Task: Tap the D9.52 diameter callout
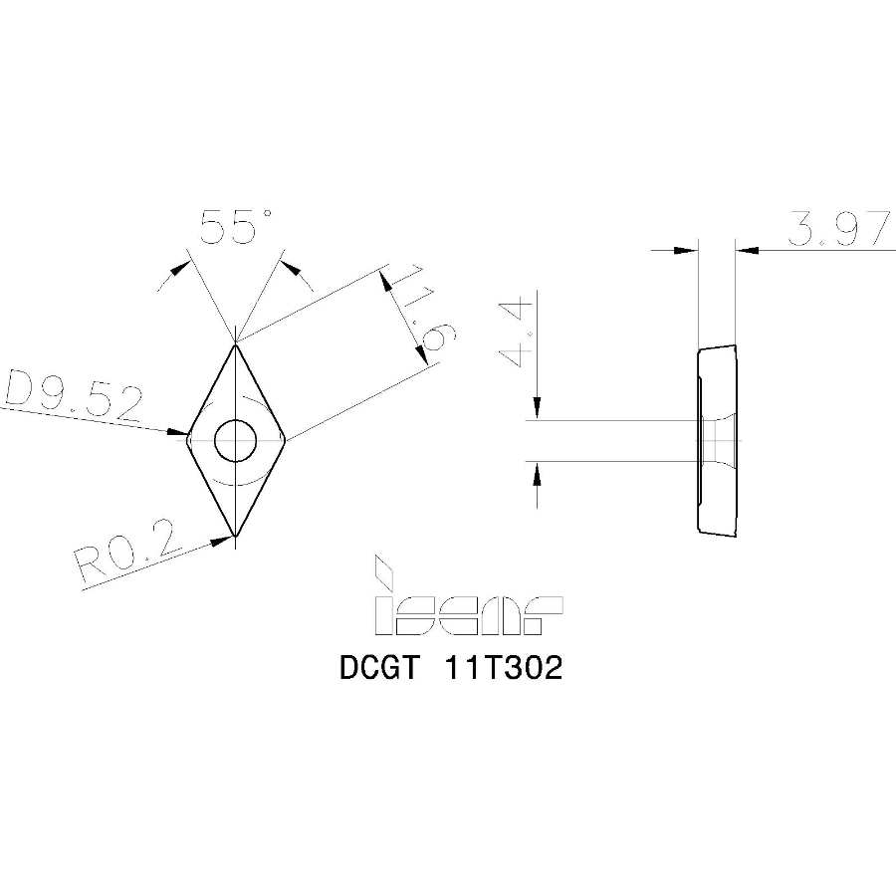click(x=72, y=397)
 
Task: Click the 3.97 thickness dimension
click(x=835, y=230)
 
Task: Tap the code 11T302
click(x=505, y=668)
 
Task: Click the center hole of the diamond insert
click(x=236, y=439)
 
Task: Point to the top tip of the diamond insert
click(x=236, y=344)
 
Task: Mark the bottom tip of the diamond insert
click(x=236, y=535)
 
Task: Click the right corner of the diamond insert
click(x=286, y=437)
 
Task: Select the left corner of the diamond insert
click(x=187, y=435)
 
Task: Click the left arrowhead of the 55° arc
click(x=179, y=267)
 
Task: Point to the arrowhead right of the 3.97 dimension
click(x=747, y=248)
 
